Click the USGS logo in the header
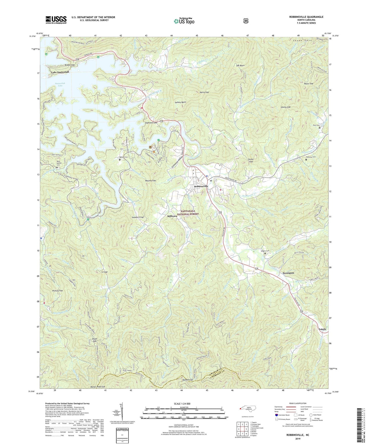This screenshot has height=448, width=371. tap(56, 20)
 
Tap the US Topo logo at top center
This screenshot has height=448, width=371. tap(184, 21)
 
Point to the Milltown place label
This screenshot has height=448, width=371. tap(172, 216)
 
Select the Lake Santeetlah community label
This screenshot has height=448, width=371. tap(60, 72)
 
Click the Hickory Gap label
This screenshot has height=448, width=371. tap(57, 291)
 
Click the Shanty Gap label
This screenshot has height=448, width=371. tap(286, 107)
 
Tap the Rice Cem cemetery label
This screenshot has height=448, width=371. tap(316, 125)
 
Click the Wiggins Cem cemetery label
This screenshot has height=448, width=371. tap(265, 251)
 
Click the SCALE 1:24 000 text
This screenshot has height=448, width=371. tap(182, 404)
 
